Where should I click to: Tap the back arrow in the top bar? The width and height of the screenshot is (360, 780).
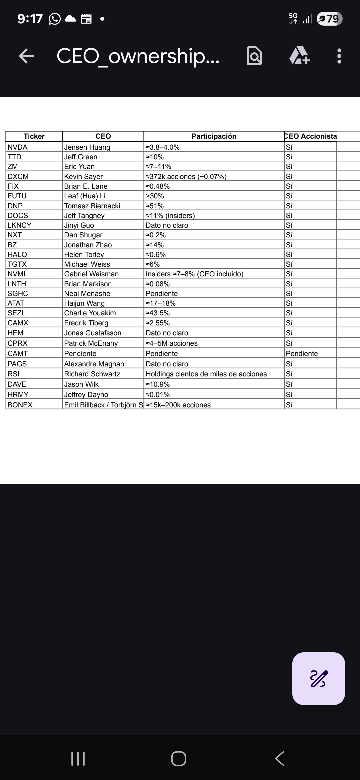tap(26, 56)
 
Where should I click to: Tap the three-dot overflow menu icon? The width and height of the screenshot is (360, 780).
tap(339, 56)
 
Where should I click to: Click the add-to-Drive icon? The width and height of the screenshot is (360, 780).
tap(299, 56)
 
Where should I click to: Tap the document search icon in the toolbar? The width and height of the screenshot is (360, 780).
tap(254, 56)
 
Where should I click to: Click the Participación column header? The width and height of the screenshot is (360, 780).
tap(214, 136)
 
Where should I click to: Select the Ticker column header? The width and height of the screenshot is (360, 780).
tap(34, 136)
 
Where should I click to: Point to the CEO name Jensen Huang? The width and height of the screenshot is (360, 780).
tap(87, 147)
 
